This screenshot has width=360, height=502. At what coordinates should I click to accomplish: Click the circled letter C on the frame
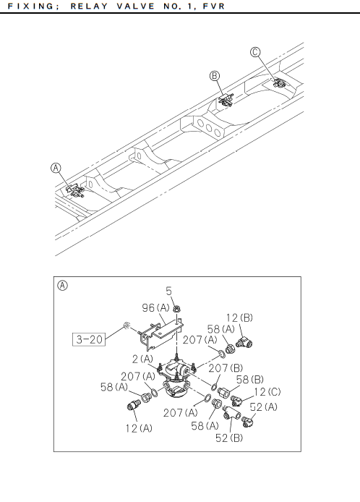tap(255, 52)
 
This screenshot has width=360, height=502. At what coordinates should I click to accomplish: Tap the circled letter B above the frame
tap(215, 76)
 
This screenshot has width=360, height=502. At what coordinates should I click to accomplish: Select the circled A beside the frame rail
tap(56, 168)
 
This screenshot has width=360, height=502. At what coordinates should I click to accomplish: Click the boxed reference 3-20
tap(89, 339)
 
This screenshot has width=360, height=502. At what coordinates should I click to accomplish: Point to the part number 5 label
tap(169, 291)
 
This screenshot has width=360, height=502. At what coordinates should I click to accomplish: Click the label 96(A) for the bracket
tap(155, 308)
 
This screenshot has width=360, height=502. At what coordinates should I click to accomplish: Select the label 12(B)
tap(239, 318)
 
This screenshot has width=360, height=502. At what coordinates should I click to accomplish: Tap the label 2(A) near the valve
tap(142, 359)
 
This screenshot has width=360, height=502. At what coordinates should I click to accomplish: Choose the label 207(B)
tap(226, 368)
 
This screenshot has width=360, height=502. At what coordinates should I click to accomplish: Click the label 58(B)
tap(249, 380)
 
